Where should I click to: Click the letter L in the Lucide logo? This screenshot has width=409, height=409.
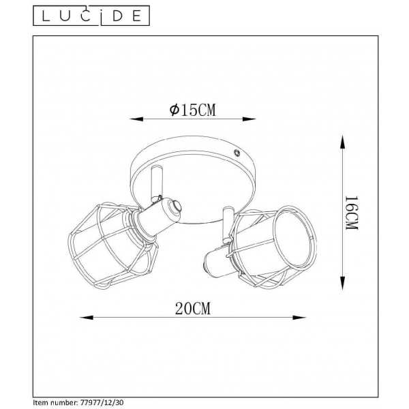tap(42, 14)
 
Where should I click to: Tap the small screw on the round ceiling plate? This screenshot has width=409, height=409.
tap(236, 154)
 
